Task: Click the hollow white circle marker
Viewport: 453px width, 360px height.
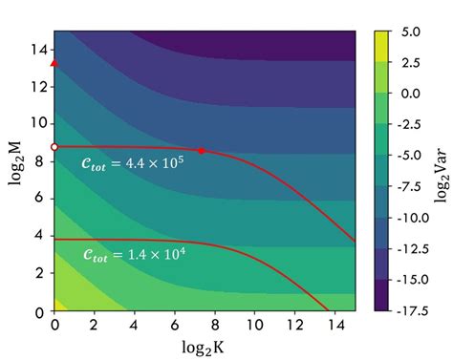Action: (x=54, y=147)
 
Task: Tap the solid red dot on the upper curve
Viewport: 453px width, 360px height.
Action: (x=201, y=151)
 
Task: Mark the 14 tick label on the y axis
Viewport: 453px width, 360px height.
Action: (x=38, y=48)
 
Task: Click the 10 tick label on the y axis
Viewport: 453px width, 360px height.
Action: (x=38, y=123)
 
